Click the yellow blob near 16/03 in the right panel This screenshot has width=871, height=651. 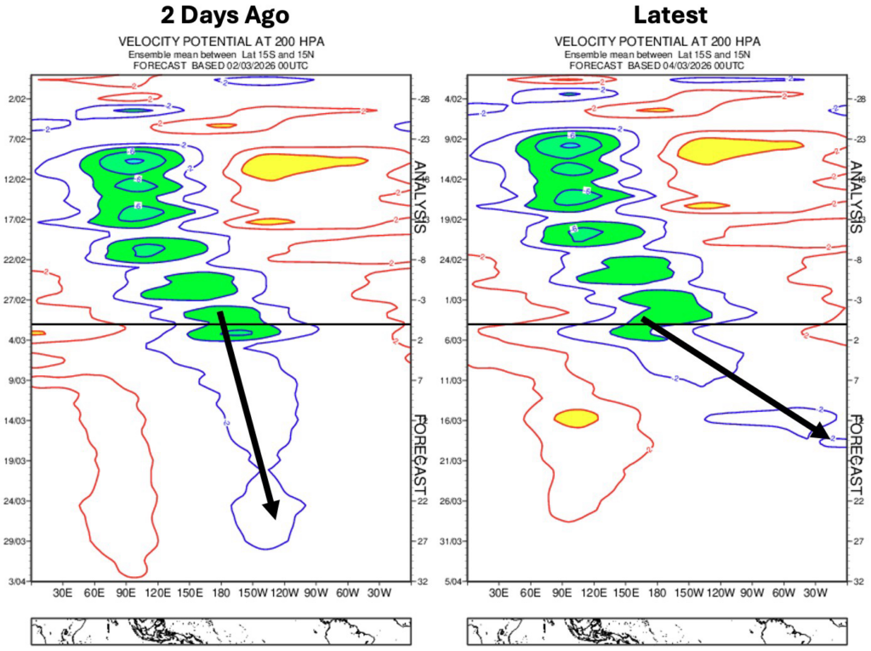[x=576, y=418]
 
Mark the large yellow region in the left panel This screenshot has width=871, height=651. [x=298, y=164]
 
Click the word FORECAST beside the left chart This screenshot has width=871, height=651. [x=420, y=460]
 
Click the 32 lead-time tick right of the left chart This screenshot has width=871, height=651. [x=422, y=581]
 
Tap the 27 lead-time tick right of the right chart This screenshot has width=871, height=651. [x=857, y=541]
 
